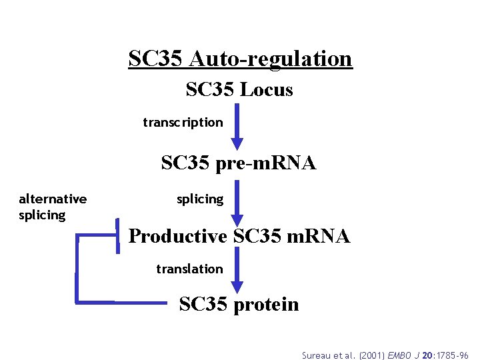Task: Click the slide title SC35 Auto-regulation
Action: coord(240,59)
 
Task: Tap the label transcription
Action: coord(183,122)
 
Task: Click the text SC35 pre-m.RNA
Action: coord(238,162)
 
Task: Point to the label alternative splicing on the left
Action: coord(52,207)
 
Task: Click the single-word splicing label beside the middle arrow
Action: coord(200,199)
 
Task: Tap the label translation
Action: coord(189,269)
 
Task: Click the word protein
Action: coord(266,305)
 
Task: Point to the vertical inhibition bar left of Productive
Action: coord(118,235)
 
